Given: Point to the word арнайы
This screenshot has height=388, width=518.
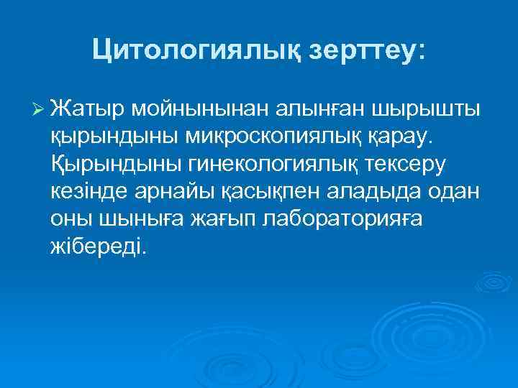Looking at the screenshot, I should click(x=183, y=192).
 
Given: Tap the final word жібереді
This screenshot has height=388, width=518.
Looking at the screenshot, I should click(x=97, y=246).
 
